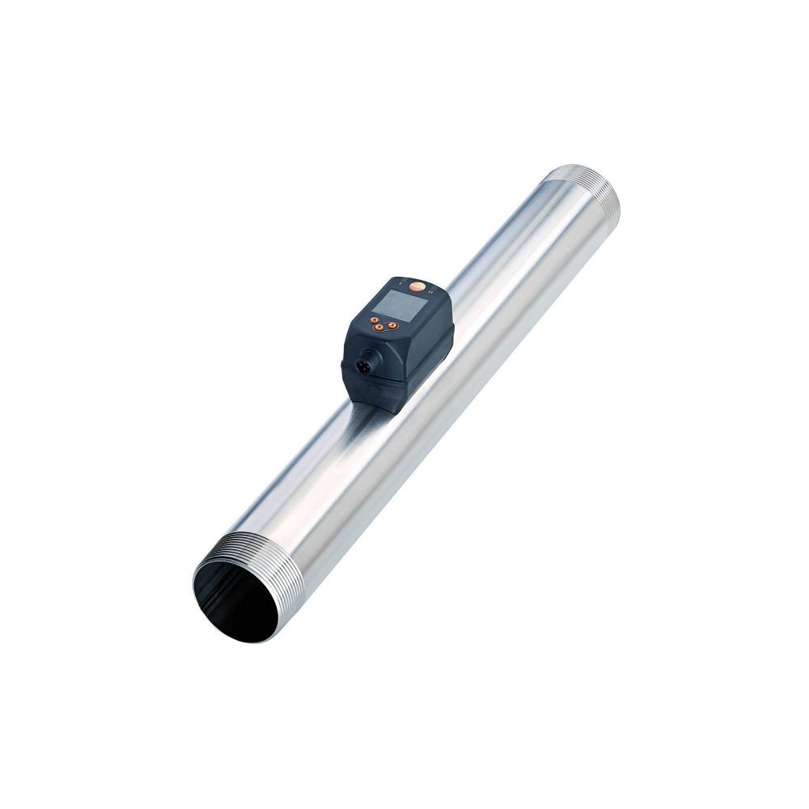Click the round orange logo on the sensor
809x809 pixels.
(x=417, y=286)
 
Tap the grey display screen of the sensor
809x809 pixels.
(x=400, y=305)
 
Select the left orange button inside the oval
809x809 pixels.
(x=379, y=327)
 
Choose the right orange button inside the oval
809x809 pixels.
(x=392, y=325)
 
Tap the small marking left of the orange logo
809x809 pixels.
(x=400, y=283)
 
